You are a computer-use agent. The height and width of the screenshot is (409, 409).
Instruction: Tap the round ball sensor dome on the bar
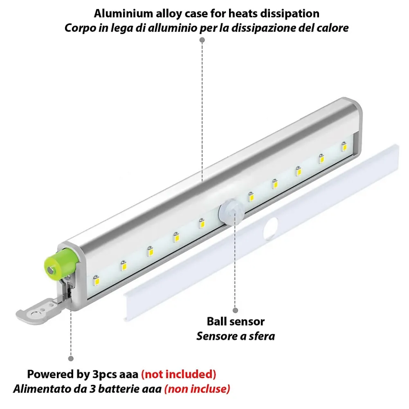point(231,211)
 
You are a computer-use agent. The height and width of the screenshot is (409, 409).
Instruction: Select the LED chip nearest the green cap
point(96,280)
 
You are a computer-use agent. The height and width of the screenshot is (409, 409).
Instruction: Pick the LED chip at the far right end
point(344,146)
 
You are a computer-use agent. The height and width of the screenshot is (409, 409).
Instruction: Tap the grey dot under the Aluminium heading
point(202,40)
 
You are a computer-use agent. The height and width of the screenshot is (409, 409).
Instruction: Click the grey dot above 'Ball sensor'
point(235,310)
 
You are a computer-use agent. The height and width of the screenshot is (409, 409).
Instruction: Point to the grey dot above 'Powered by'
point(71,358)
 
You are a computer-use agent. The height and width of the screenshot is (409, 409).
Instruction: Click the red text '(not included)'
point(179,374)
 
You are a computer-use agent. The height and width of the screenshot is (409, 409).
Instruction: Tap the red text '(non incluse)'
point(197,389)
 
